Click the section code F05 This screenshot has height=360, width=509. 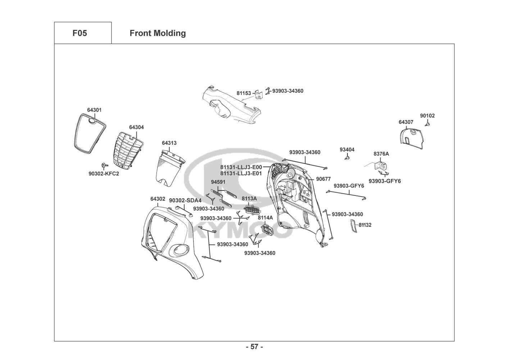[x=79, y=33]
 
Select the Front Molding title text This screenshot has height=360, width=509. [x=158, y=33]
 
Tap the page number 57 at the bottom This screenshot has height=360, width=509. [x=254, y=347]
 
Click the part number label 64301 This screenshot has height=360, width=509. [x=94, y=110]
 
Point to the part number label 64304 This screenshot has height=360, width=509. [x=136, y=127]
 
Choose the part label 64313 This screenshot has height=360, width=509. [x=169, y=143]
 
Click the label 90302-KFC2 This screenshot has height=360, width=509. [x=104, y=174]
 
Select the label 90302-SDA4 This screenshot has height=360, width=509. [x=185, y=200]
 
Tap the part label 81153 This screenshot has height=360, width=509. [x=244, y=93]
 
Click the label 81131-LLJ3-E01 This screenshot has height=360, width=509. [x=241, y=173]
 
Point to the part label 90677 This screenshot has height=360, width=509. [x=323, y=179]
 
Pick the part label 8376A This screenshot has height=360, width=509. [x=381, y=154]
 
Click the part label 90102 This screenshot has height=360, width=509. [x=427, y=116]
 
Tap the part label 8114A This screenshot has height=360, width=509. [x=265, y=217]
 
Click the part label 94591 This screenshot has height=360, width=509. [x=218, y=182]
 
